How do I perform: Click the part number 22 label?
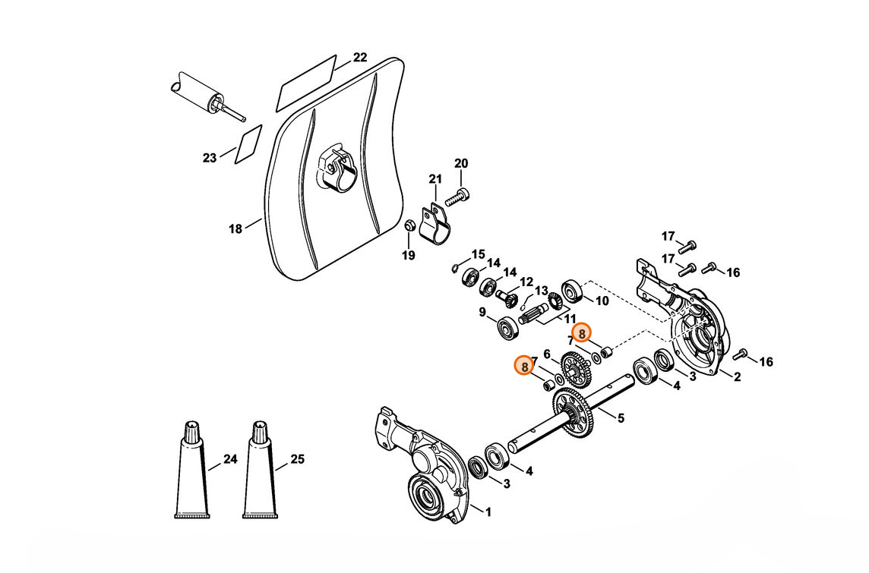[x=360, y=58]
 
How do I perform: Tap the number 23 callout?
[x=209, y=159]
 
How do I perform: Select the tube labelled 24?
[x=191, y=470]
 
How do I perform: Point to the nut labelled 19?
[x=409, y=225]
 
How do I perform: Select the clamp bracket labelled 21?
[x=434, y=223]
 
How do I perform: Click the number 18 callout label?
[x=235, y=228]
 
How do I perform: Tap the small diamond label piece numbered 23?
[x=248, y=144]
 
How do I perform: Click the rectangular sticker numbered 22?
[x=306, y=83]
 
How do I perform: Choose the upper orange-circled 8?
[x=582, y=334]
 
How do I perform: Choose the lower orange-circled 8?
[x=524, y=365]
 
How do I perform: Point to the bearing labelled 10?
[x=571, y=291]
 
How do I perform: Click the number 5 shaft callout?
[x=621, y=418]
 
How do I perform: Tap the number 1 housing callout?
[x=488, y=512]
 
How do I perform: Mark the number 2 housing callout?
[x=737, y=377]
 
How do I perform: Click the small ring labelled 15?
[x=455, y=268]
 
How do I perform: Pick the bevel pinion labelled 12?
[x=506, y=298]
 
